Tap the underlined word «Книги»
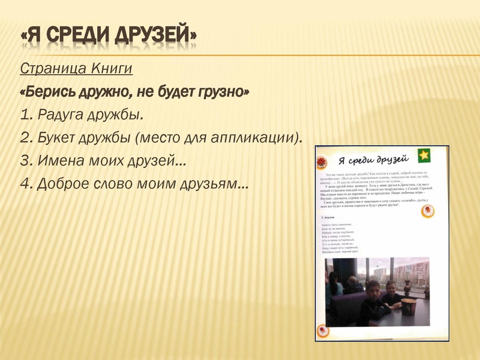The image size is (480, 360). pos(111,68)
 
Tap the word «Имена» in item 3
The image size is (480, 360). pos(59,160)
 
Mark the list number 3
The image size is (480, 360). pos(25,160)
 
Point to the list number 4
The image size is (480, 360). pos(25,183)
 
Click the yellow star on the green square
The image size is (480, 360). pos(424,155)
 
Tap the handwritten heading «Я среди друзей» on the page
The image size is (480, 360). pos(373,160)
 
